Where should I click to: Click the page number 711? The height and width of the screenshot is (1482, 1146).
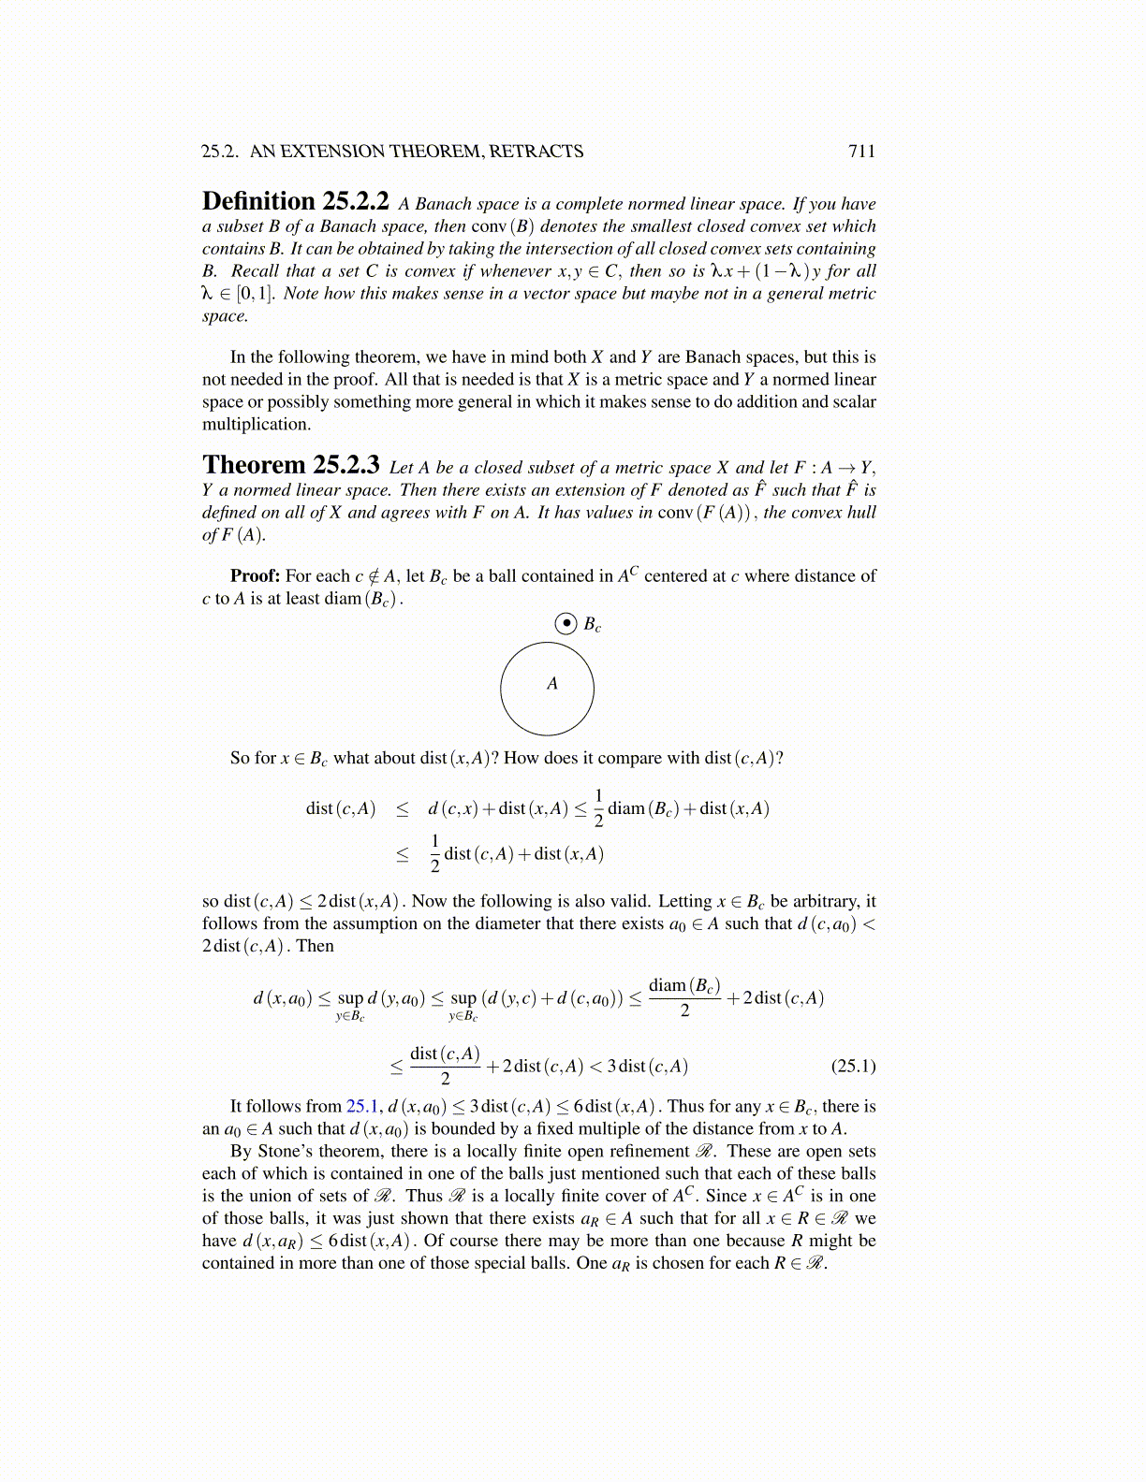click(861, 152)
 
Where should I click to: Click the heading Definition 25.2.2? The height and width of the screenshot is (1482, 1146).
click(295, 202)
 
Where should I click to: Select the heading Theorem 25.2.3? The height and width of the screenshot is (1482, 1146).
click(290, 466)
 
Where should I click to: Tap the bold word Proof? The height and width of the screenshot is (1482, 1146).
click(255, 576)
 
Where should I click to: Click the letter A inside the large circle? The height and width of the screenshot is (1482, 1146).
click(551, 684)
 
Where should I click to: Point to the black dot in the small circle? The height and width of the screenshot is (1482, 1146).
click(566, 623)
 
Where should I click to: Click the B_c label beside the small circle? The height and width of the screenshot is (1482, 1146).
click(592, 624)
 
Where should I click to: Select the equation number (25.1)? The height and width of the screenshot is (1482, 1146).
click(853, 1067)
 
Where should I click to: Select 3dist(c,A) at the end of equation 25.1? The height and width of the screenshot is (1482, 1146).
click(647, 1067)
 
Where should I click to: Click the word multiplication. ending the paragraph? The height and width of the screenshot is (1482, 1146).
click(256, 425)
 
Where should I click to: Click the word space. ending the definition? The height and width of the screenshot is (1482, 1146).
click(225, 316)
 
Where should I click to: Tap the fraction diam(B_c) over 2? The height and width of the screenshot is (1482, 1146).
click(684, 997)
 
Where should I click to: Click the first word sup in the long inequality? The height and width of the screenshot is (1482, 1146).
click(350, 998)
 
